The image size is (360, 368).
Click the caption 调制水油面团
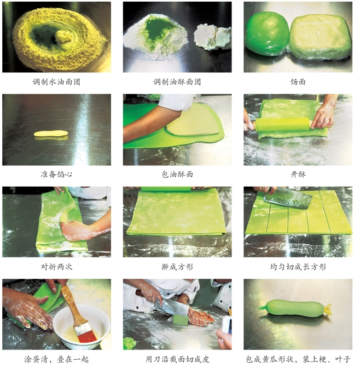tap(56, 82)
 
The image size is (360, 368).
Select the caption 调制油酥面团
tap(177, 82)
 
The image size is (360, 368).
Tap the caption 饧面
tap(298, 82)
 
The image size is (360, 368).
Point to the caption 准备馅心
tap(56, 174)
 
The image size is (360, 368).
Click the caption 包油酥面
tap(177, 174)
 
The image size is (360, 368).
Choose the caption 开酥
tap(298, 174)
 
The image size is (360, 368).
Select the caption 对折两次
tap(56, 267)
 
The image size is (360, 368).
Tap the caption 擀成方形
tap(177, 267)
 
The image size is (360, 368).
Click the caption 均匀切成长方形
tap(298, 267)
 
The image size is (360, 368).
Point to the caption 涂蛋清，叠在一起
tap(56, 359)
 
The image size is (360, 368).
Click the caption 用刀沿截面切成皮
tap(177, 359)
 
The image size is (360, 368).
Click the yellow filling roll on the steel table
tap(51, 133)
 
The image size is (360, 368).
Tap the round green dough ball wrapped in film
tap(267, 33)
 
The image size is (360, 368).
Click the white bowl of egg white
tap(81, 327)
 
